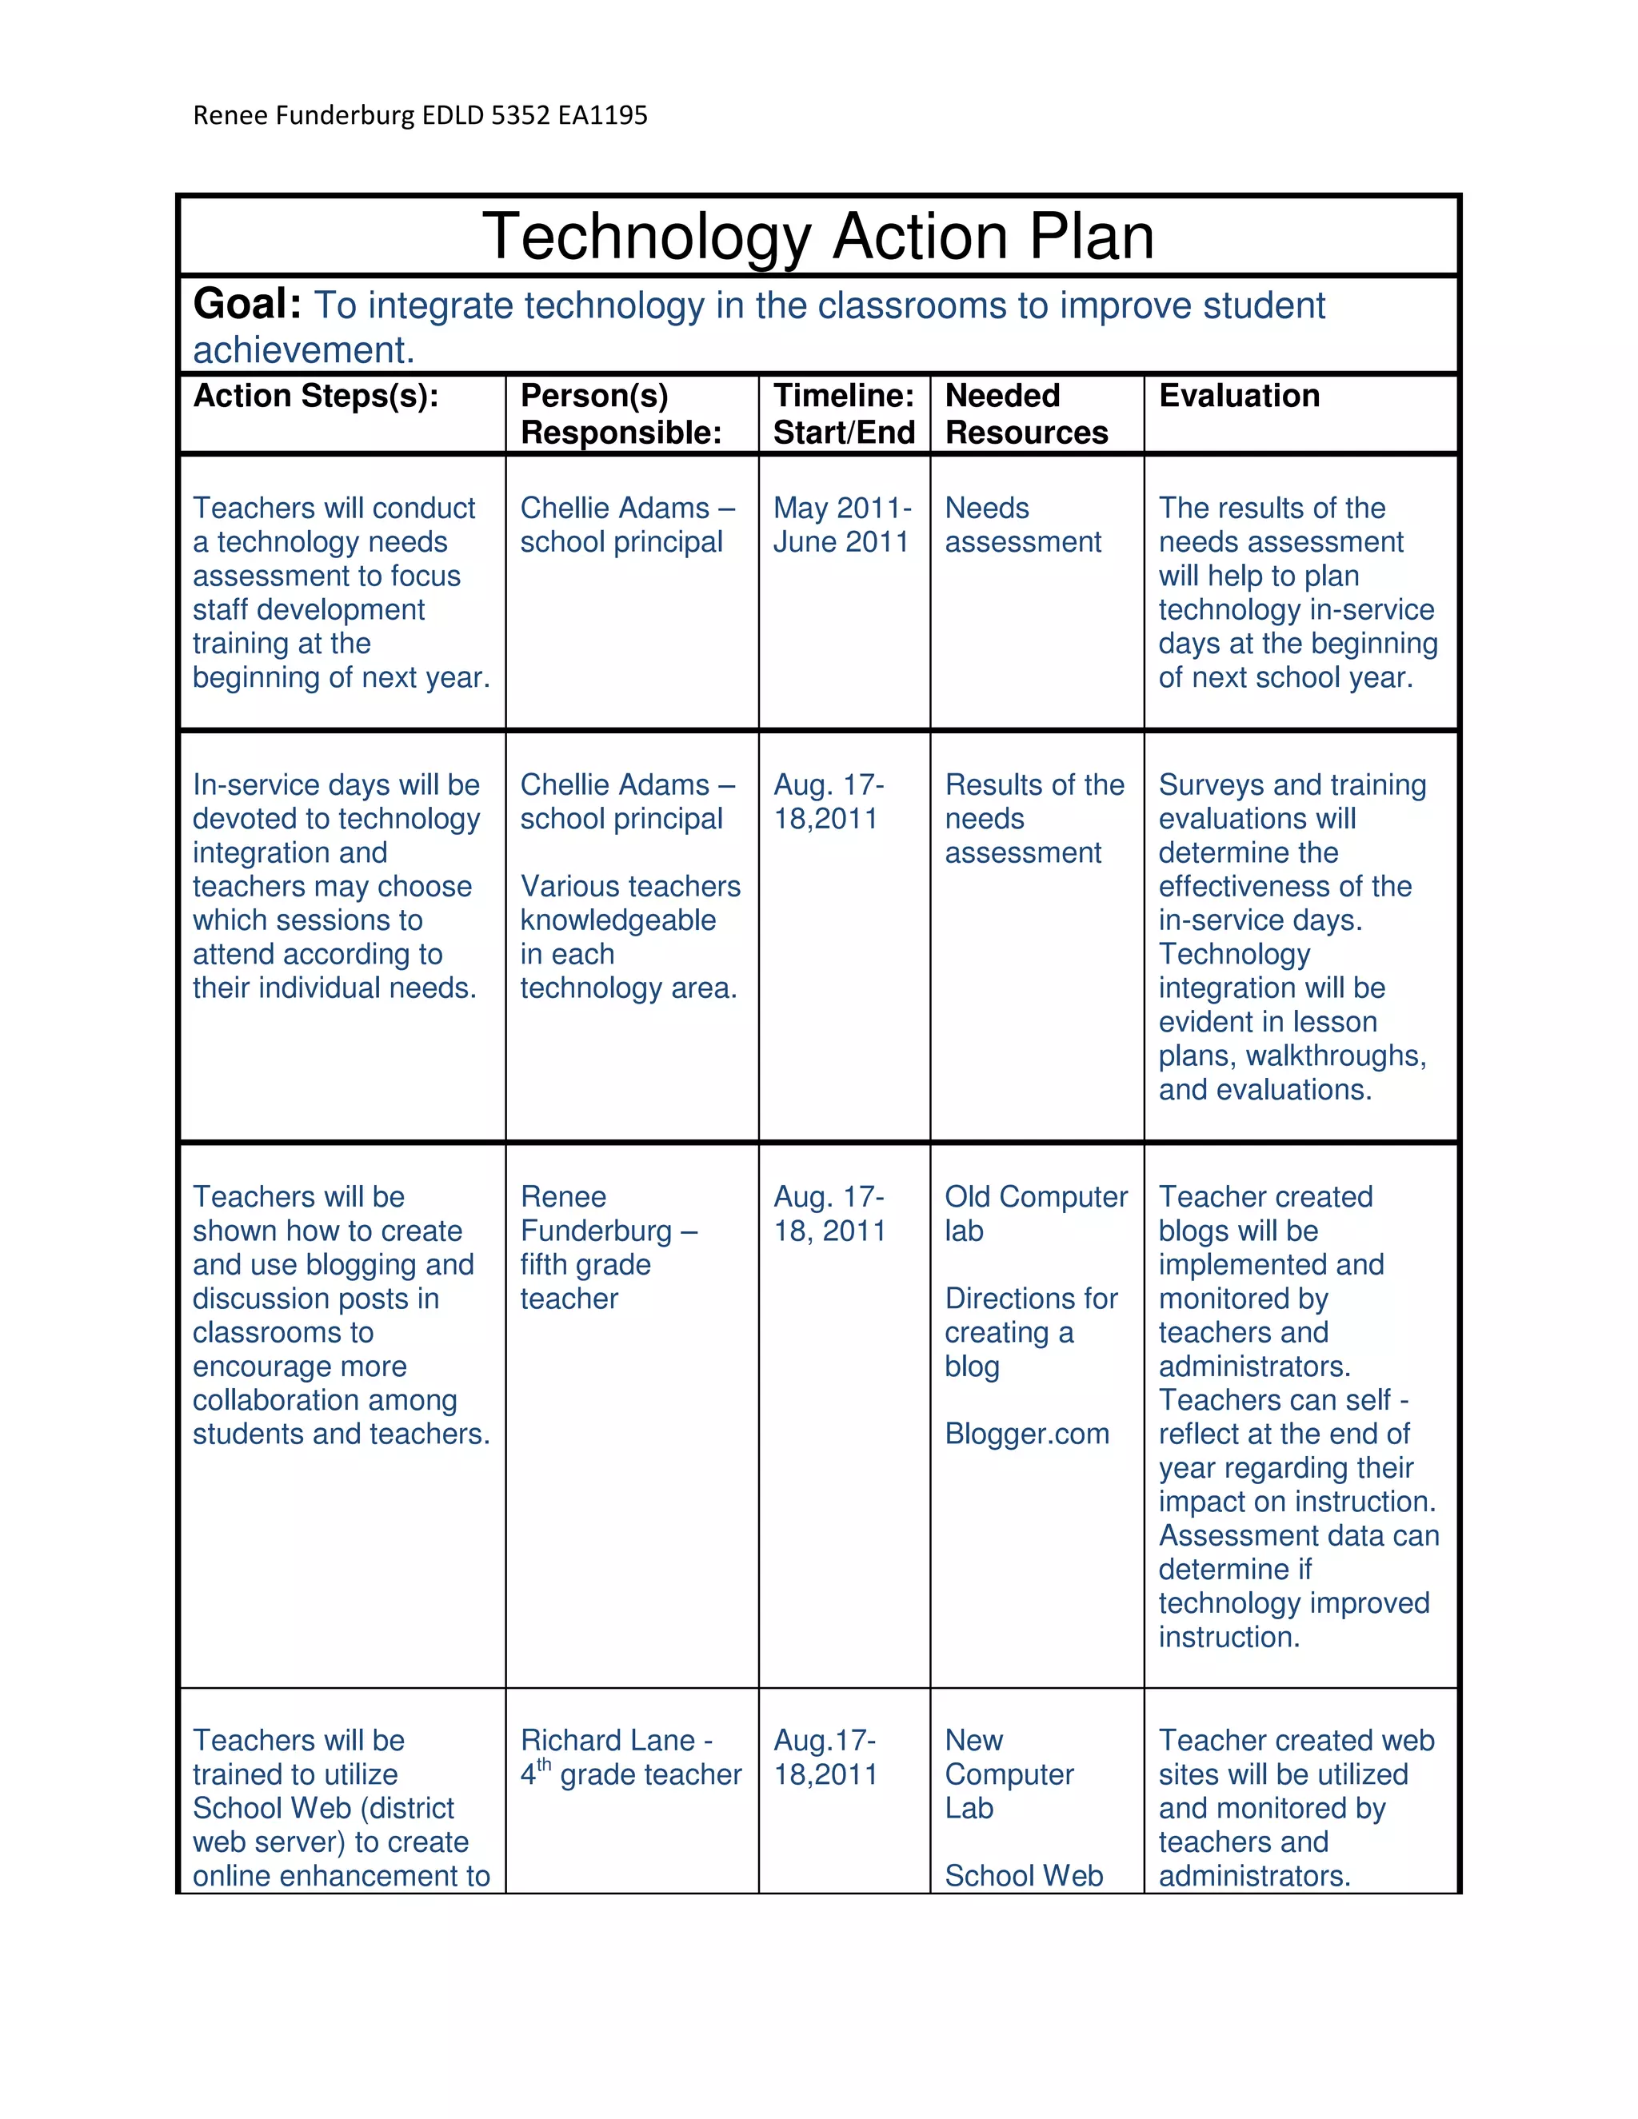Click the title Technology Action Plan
click(818, 236)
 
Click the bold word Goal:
click(247, 305)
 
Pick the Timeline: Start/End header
click(843, 413)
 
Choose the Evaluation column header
click(1238, 396)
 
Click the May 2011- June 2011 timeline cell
click(841, 525)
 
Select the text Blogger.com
click(1027, 1434)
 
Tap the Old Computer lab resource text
click(1036, 1213)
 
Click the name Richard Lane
click(608, 1741)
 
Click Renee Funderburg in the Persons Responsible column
click(596, 1214)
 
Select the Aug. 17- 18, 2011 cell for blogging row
click(829, 1214)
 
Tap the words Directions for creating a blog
click(1030, 1332)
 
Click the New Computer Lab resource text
click(1009, 1774)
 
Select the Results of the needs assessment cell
click(1033, 818)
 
